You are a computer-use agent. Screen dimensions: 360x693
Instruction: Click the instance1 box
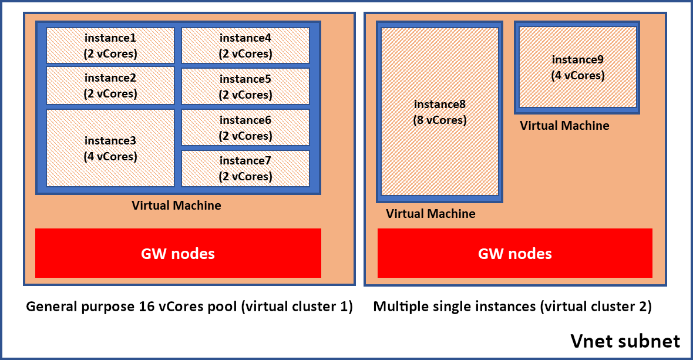[110, 46]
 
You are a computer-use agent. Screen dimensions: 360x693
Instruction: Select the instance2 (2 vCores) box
[110, 86]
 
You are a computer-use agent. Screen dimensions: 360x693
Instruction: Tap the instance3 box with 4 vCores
[110, 148]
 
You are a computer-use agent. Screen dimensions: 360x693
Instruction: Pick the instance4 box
[245, 46]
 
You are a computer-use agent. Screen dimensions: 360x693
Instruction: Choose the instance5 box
[245, 86]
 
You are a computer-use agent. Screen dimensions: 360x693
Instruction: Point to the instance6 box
[245, 127]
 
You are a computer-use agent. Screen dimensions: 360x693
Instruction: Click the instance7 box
[245, 169]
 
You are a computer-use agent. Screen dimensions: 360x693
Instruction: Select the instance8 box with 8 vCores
[440, 112]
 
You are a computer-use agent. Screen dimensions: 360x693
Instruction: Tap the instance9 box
[578, 68]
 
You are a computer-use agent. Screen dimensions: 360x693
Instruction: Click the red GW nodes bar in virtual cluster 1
[178, 253]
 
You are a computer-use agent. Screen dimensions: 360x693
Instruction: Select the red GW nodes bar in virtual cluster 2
[514, 253]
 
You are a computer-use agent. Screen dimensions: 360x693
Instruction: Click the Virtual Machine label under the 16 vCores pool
[176, 206]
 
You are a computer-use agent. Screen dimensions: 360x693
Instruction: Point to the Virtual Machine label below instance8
[430, 214]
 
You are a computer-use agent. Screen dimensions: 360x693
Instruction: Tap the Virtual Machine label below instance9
[564, 126]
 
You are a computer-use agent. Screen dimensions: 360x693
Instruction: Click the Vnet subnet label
[625, 341]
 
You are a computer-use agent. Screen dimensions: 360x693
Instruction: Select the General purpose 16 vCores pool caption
[189, 307]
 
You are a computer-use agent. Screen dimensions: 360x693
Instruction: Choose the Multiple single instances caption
[512, 307]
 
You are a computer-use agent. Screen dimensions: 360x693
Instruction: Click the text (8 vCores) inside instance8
[440, 120]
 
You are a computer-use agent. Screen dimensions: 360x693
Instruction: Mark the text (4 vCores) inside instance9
[578, 76]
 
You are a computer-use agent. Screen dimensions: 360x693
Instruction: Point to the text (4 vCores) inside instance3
[110, 157]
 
